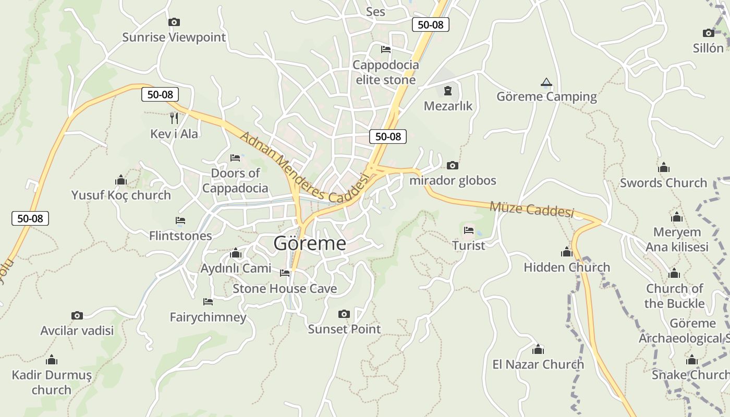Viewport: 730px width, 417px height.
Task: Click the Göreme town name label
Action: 310,243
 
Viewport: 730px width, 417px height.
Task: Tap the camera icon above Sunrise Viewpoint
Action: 174,22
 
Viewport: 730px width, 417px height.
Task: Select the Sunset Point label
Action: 344,329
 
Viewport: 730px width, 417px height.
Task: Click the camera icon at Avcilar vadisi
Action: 77,315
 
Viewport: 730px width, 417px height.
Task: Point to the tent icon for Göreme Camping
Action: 546,82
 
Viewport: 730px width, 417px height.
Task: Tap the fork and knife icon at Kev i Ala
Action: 174,118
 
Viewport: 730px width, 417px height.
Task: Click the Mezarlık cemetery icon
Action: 447,91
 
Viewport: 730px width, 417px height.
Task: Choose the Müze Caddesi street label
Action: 531,209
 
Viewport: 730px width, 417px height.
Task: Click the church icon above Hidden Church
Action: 567,252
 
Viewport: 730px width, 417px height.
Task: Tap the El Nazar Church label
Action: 538,364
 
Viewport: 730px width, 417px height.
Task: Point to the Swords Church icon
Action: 664,167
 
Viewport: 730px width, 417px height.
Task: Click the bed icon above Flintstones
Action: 180,220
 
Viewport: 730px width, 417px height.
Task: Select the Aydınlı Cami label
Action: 236,268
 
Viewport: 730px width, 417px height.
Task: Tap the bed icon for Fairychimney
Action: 208,302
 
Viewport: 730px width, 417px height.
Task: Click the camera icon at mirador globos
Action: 453,166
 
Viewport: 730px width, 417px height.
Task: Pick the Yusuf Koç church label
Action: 121,195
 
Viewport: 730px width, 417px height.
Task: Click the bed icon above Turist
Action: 469,230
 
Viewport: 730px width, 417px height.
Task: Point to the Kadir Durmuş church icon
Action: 52,360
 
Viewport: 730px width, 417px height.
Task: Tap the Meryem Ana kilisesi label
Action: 677,239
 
